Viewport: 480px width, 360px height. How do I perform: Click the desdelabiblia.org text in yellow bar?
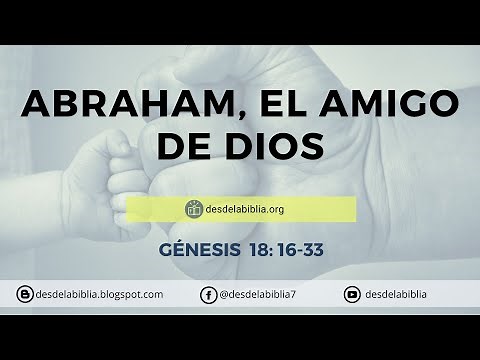(x=248, y=209)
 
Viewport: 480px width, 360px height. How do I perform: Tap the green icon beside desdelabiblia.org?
(x=194, y=209)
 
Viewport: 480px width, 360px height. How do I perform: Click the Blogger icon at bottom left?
(x=23, y=295)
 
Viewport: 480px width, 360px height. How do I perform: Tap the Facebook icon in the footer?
(x=208, y=295)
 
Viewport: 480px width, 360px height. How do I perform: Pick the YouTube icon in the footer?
(x=352, y=295)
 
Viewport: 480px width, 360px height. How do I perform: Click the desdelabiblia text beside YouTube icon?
(x=398, y=295)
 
